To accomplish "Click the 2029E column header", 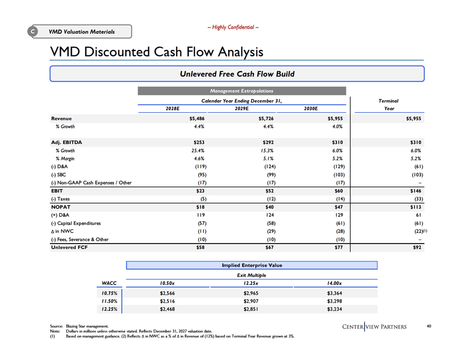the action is click(x=242, y=109).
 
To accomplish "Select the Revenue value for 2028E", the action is click(x=197, y=119).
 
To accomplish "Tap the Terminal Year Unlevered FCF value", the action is click(x=417, y=247).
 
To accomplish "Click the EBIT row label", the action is click(x=57, y=191).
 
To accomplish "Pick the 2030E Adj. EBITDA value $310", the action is click(x=337, y=142).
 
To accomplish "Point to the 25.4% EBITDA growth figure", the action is click(x=198, y=150).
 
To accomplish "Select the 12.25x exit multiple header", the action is click(x=251, y=283).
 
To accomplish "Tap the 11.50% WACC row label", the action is click(x=109, y=301).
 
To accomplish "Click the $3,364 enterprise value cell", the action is click(x=334, y=293).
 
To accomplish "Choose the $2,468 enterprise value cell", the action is click(x=167, y=309).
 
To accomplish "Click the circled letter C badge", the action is click(x=33, y=31).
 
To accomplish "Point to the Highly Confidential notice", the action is click(x=233, y=27).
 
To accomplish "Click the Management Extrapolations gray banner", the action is click(x=242, y=91).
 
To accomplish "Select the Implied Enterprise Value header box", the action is click(x=252, y=265).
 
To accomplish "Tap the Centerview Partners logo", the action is click(x=374, y=327).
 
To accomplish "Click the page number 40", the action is click(x=429, y=326).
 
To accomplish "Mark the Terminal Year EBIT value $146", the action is click(x=416, y=191).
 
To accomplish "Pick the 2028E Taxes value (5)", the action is click(x=203, y=199).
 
